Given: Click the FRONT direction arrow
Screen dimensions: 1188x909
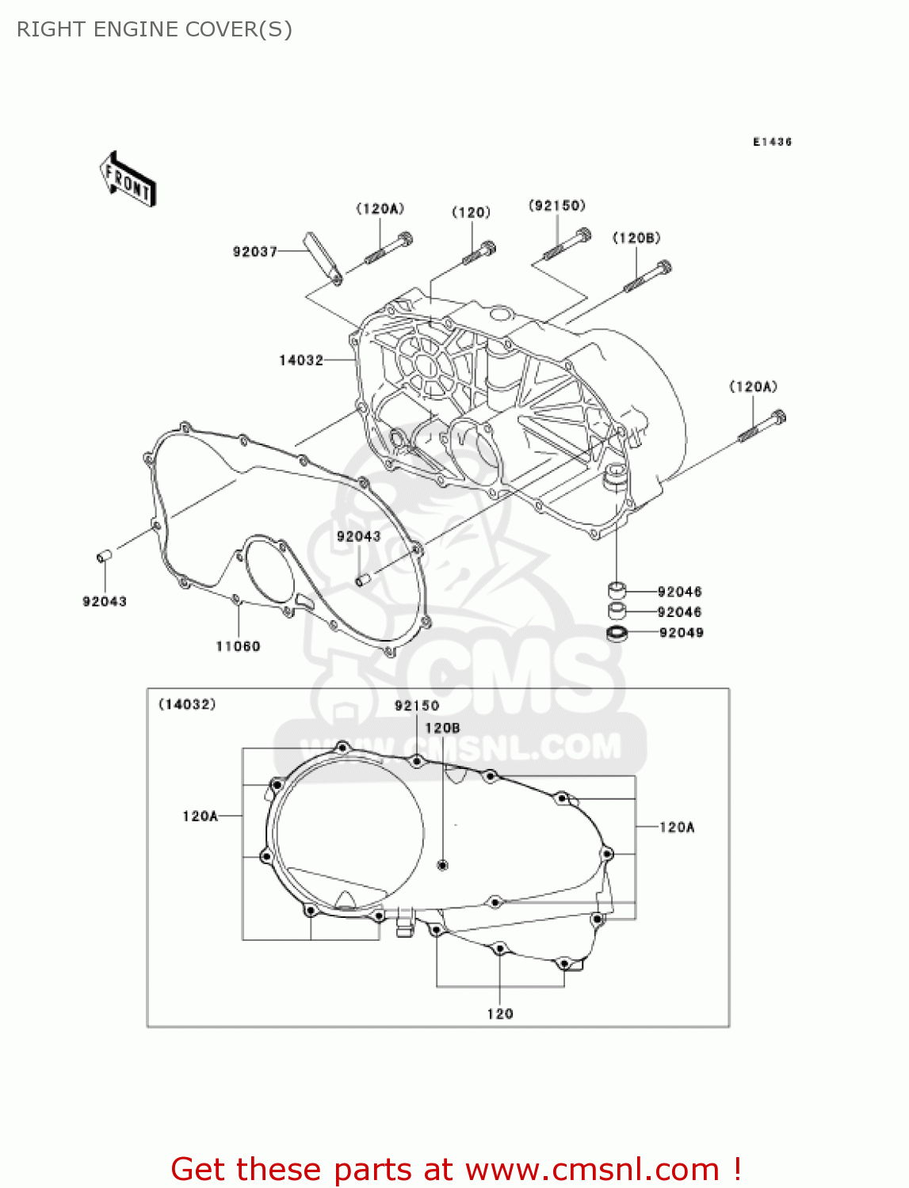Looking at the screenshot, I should [x=127, y=180].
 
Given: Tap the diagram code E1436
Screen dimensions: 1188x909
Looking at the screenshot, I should [x=772, y=142].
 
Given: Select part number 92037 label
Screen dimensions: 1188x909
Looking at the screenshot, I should [x=254, y=251].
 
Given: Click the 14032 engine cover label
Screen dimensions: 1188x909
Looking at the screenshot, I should [x=301, y=360].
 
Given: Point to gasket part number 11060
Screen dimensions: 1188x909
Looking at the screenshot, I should [x=238, y=646].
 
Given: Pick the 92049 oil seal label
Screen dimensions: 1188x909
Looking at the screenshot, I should [x=681, y=633].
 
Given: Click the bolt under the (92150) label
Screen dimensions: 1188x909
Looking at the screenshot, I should [x=566, y=243].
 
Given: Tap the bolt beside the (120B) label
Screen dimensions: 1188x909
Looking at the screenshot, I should [x=647, y=276].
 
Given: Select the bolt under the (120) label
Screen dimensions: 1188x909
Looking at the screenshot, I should [x=479, y=253].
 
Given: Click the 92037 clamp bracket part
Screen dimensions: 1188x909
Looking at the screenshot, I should [x=323, y=255].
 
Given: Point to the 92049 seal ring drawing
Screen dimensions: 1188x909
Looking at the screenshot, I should [x=617, y=633].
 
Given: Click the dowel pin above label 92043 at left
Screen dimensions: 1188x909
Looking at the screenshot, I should [x=104, y=557].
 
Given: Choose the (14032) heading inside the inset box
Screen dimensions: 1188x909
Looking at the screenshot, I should [x=188, y=704].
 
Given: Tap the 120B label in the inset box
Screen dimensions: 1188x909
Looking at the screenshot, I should [x=442, y=728].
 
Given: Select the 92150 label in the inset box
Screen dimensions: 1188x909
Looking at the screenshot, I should [x=417, y=706].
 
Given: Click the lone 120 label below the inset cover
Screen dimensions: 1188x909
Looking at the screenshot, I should [x=500, y=1014].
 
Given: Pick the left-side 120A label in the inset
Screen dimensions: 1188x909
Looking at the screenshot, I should [x=200, y=816].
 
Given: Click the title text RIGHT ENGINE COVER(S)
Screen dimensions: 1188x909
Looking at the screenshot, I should [x=155, y=29].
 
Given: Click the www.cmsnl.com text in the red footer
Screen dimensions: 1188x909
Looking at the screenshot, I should [x=592, y=1170].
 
